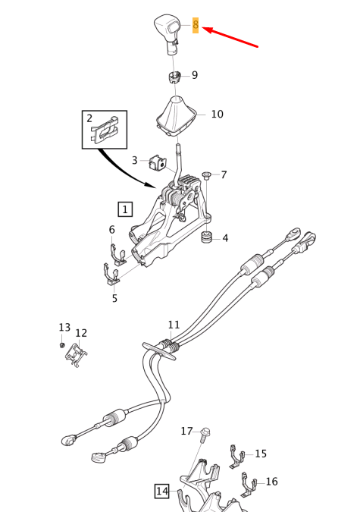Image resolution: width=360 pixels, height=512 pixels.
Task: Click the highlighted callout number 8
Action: pyautogui.click(x=196, y=25)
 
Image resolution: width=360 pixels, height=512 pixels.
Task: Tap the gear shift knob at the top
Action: pyautogui.click(x=167, y=33)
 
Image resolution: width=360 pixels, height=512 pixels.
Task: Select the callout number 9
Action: pyautogui.click(x=195, y=75)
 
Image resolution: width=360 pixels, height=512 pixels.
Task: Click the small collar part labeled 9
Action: pyautogui.click(x=174, y=77)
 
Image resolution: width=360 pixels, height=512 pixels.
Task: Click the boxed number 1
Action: pyautogui.click(x=125, y=209)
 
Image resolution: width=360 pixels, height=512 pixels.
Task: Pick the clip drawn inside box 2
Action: pyautogui.click(x=105, y=130)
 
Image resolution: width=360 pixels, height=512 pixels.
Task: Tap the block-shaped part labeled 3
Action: pyautogui.click(x=158, y=162)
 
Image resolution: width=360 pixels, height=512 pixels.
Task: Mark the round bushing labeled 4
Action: pyautogui.click(x=207, y=237)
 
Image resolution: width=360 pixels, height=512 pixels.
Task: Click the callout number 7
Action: pyautogui.click(x=224, y=175)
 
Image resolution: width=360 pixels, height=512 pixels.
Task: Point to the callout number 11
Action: pyautogui.click(x=174, y=325)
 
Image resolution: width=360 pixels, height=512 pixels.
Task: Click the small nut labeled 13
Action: pyautogui.click(x=61, y=345)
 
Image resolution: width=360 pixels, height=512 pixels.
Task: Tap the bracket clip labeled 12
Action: pyautogui.click(x=77, y=355)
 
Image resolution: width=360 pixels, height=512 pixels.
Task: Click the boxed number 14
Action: pyautogui.click(x=162, y=491)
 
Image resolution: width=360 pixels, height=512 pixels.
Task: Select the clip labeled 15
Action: pyautogui.click(x=237, y=457)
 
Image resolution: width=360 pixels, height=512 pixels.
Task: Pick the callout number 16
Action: pyautogui.click(x=272, y=482)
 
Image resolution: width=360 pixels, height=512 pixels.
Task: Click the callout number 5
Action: pyautogui.click(x=114, y=298)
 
